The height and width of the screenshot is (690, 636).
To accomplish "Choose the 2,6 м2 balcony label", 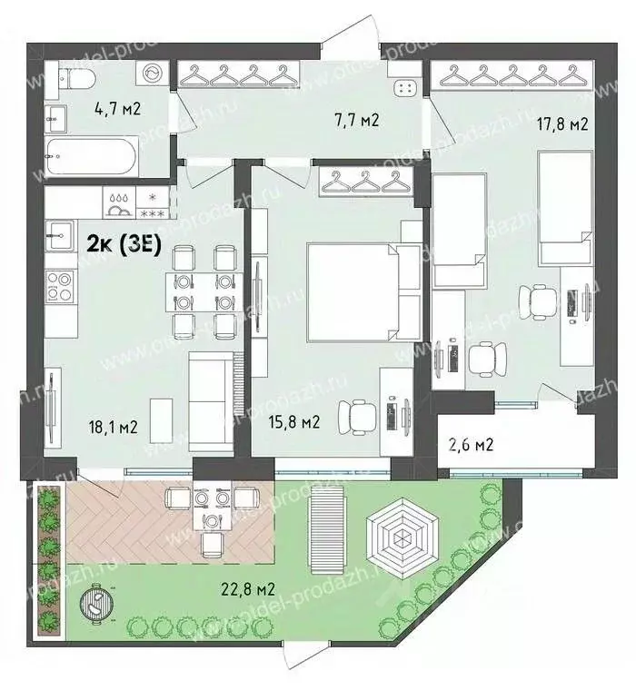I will pyautogui.click(x=471, y=445).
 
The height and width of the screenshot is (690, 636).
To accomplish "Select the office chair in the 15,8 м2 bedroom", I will pyautogui.click(x=354, y=419).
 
